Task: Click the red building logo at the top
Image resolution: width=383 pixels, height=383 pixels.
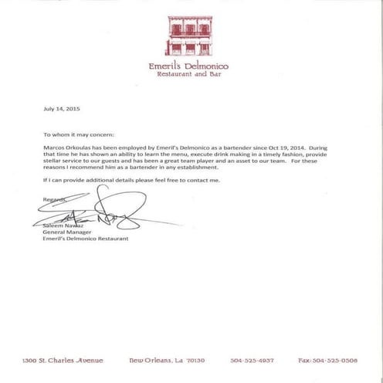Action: [x=190, y=35]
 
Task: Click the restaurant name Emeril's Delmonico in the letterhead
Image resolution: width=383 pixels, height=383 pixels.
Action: [x=190, y=66]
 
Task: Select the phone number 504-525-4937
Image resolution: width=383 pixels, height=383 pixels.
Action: [x=252, y=360]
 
